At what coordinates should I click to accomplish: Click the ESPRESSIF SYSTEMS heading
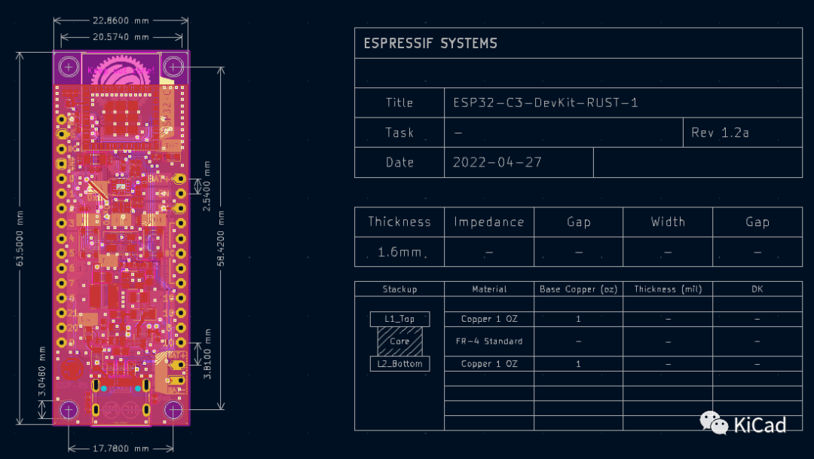tap(430, 43)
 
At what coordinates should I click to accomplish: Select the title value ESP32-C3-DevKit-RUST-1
tap(546, 103)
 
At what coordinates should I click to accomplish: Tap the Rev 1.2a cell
tap(720, 133)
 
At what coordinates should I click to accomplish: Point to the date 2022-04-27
tap(497, 162)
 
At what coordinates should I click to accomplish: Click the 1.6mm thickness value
tap(399, 252)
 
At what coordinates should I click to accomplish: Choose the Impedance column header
tap(488, 222)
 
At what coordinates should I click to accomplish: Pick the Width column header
tap(668, 222)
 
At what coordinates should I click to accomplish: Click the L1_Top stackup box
tap(399, 319)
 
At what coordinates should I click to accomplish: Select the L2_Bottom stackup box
tap(399, 364)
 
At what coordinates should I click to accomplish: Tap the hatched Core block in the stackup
tap(399, 341)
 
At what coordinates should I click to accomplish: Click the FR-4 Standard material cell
tap(489, 341)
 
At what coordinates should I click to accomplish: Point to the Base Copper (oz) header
tap(577, 289)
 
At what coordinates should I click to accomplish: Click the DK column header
tap(757, 289)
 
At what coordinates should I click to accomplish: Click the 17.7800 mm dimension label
tap(121, 448)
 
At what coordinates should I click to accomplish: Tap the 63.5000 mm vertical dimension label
tap(20, 238)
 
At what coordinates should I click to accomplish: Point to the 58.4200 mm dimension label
tap(222, 238)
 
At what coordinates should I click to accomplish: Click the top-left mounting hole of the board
tap(69, 66)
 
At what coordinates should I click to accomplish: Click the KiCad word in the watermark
tap(759, 425)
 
